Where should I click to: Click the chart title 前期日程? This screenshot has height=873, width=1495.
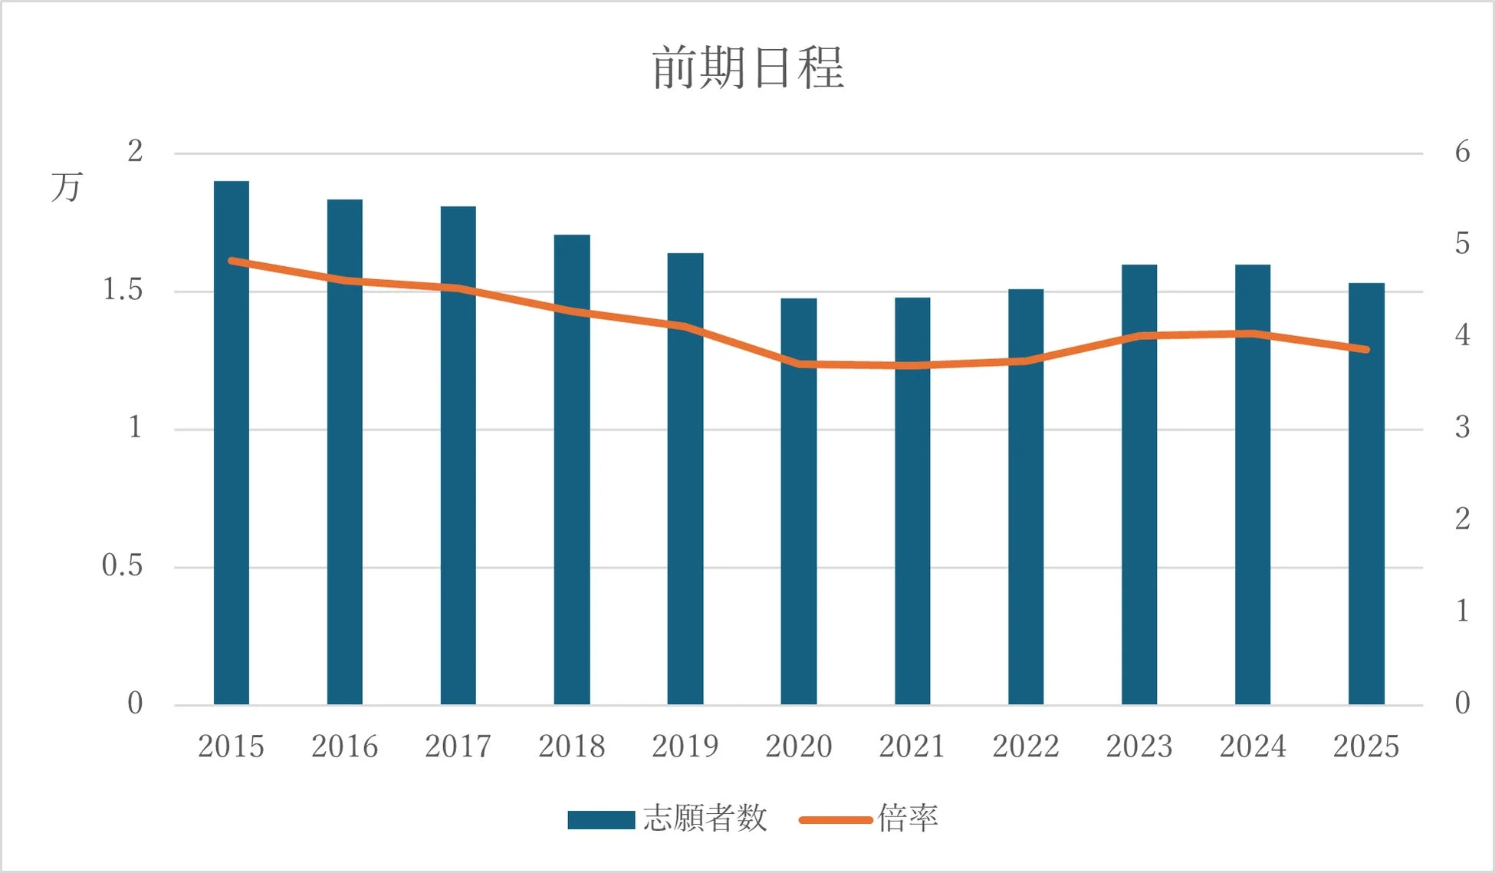pos(747,68)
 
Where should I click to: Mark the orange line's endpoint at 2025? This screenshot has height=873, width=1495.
pos(1366,349)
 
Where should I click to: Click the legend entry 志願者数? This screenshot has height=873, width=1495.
pos(705,819)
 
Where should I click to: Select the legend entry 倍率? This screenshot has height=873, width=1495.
pos(908,819)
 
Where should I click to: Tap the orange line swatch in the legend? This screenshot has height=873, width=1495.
pos(836,820)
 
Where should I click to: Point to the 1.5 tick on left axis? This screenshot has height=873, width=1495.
pos(123,290)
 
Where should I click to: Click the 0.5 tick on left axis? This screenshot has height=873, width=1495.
pos(123,566)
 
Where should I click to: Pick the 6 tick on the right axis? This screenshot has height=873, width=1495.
pos(1462,152)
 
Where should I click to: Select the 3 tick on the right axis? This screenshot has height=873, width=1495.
pos(1462,427)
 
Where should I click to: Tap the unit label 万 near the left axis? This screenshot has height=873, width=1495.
pos(67,187)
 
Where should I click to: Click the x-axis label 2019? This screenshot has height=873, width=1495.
pos(685,746)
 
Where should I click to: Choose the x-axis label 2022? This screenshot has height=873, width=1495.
pos(1025,746)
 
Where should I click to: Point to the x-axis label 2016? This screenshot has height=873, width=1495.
pos(344,746)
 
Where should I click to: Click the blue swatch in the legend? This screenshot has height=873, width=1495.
pos(601,820)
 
